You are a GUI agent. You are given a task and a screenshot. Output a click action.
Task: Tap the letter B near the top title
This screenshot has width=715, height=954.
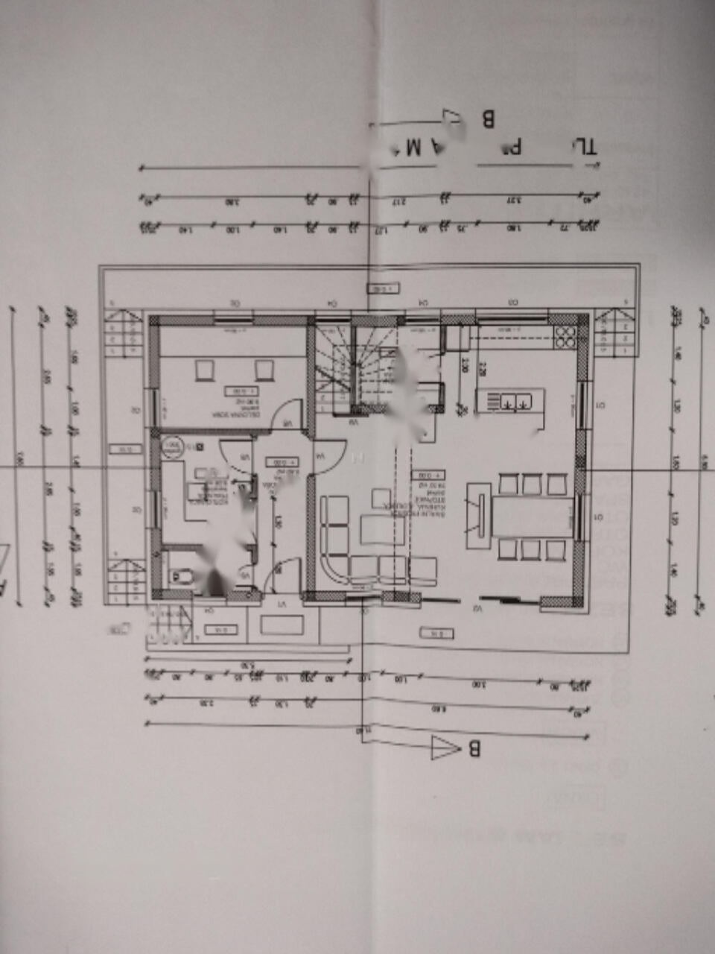[489, 119]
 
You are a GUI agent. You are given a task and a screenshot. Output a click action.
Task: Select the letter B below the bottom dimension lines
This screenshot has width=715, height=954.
[474, 748]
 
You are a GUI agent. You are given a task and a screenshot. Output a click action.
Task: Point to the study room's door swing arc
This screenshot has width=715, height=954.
[287, 414]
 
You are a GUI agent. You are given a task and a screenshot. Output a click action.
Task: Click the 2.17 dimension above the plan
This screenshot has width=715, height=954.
[400, 201]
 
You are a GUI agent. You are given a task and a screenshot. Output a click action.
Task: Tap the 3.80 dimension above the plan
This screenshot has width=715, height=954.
[232, 201]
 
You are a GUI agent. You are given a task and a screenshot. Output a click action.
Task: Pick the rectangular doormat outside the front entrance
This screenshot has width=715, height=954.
[282, 624]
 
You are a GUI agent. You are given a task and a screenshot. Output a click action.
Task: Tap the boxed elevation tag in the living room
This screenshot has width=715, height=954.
[429, 474]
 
